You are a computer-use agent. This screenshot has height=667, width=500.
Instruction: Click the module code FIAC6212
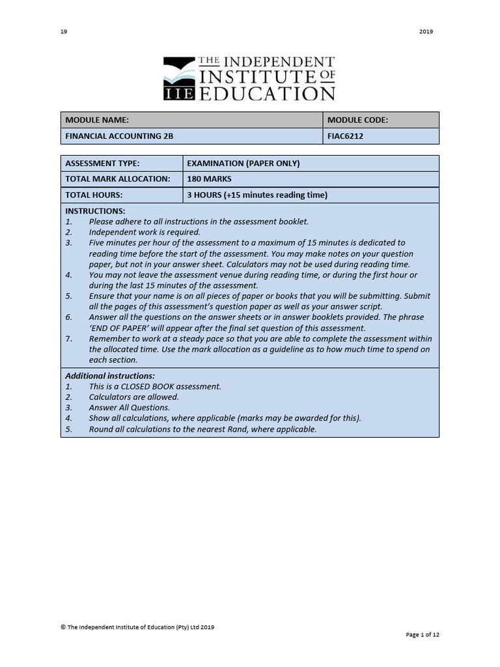pyautogui.click(x=346, y=136)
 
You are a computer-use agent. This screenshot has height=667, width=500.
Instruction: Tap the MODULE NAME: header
pyautogui.click(x=97, y=120)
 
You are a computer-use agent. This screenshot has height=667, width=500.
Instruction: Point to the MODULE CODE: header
pyautogui.click(x=357, y=120)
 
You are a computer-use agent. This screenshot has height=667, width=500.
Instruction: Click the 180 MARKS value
pyautogui.click(x=209, y=179)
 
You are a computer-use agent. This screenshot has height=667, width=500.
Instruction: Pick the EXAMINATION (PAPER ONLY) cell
pyautogui.click(x=243, y=163)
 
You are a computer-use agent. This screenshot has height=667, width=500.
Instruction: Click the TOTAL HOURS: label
pyautogui.click(x=94, y=195)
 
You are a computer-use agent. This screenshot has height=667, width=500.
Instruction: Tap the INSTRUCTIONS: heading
pyautogui.click(x=95, y=211)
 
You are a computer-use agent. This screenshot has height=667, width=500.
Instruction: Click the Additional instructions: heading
pyautogui.click(x=110, y=376)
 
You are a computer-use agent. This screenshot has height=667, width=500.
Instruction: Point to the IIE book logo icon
pyautogui.click(x=178, y=79)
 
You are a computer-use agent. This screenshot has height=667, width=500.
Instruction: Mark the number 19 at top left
pyautogui.click(x=64, y=31)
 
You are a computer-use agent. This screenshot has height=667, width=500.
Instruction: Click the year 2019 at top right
pyautogui.click(x=426, y=31)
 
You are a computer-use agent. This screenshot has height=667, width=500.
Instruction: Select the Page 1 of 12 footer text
pyautogui.click(x=423, y=634)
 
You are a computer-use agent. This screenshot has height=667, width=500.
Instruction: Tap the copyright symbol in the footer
pyautogui.click(x=63, y=627)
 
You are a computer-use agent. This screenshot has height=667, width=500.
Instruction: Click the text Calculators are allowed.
pyautogui.click(x=133, y=397)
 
